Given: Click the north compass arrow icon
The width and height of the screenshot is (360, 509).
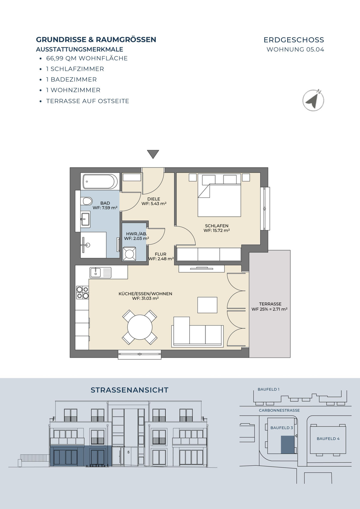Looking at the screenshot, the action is [x=313, y=100].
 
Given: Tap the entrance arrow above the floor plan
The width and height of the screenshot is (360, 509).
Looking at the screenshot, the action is [x=153, y=154].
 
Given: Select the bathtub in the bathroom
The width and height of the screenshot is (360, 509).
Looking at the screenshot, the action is [x=100, y=181].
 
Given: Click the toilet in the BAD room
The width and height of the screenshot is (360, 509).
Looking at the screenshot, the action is [x=86, y=201].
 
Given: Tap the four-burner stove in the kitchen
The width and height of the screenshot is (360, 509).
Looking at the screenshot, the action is [x=82, y=293].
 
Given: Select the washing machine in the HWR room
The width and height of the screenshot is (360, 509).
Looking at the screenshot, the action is [x=129, y=254].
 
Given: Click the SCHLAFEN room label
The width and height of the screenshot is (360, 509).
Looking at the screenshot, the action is [x=217, y=226].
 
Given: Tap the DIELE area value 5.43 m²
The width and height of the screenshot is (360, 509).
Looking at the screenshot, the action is [x=154, y=204].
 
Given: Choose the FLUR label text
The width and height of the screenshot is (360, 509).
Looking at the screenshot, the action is [x=160, y=254].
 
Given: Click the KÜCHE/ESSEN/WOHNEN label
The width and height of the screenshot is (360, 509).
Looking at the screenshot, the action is [x=145, y=294].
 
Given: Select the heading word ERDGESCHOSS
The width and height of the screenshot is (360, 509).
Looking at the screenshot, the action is [x=294, y=40].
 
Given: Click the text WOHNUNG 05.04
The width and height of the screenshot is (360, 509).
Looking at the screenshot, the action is [x=295, y=49].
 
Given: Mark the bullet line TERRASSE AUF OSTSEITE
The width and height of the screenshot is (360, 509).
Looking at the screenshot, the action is [x=88, y=101].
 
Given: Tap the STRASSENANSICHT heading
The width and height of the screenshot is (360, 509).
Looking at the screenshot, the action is [x=130, y=390].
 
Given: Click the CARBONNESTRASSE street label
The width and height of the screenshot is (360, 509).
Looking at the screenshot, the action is [x=279, y=410].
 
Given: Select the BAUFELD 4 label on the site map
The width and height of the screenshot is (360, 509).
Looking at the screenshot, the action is [x=328, y=439].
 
